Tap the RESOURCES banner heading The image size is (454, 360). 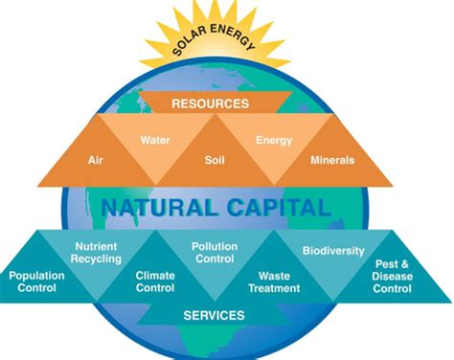coord(223,102)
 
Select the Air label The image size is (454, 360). coord(95,162)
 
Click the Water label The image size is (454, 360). coord(154,140)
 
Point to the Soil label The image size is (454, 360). coord(215,162)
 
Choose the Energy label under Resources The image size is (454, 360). coord(273,140)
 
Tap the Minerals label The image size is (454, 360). coord(331,162)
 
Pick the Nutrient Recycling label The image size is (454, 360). coord(97,253)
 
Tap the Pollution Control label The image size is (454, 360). coord(215,253)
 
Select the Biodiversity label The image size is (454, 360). coord(332,251)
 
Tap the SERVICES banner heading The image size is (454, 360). coord(214,314)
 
